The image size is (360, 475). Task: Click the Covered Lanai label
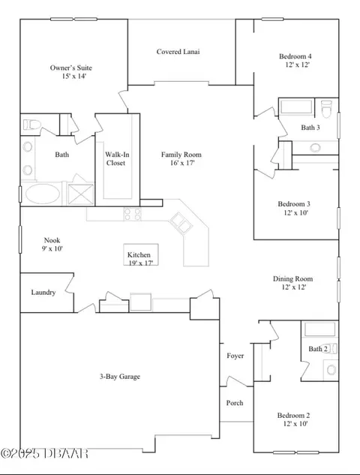[178, 52]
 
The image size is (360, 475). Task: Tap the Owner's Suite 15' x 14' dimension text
[74, 76]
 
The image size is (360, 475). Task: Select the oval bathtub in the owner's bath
[43, 194]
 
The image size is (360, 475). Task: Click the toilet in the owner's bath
[31, 125]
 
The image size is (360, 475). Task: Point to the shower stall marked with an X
[81, 194]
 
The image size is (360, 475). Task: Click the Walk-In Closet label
[117, 159]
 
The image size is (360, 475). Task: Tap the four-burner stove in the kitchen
[133, 214]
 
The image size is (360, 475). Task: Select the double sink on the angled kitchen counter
[181, 224]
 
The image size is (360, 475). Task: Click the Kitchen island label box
[141, 254]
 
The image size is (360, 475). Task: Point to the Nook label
[52, 240]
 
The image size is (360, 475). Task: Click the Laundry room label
[43, 293]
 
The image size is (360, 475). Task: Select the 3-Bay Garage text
[120, 377]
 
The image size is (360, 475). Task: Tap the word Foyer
[235, 356]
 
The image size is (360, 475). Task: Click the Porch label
[235, 403]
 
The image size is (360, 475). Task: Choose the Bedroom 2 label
[293, 415]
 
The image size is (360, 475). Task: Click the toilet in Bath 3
[327, 109]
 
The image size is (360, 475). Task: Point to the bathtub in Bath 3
[296, 107]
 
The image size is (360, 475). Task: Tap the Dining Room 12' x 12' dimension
[294, 287]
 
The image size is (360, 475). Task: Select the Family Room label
[181, 155]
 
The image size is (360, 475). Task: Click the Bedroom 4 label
[295, 56]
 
